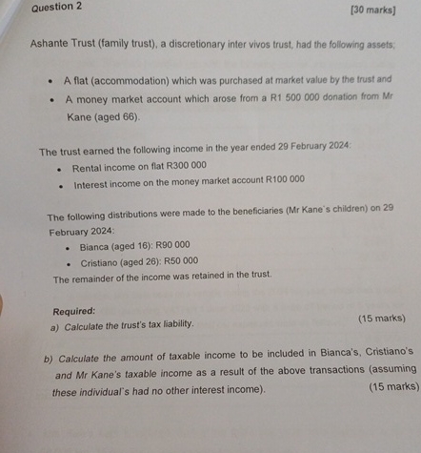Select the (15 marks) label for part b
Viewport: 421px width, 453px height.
click(392, 386)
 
